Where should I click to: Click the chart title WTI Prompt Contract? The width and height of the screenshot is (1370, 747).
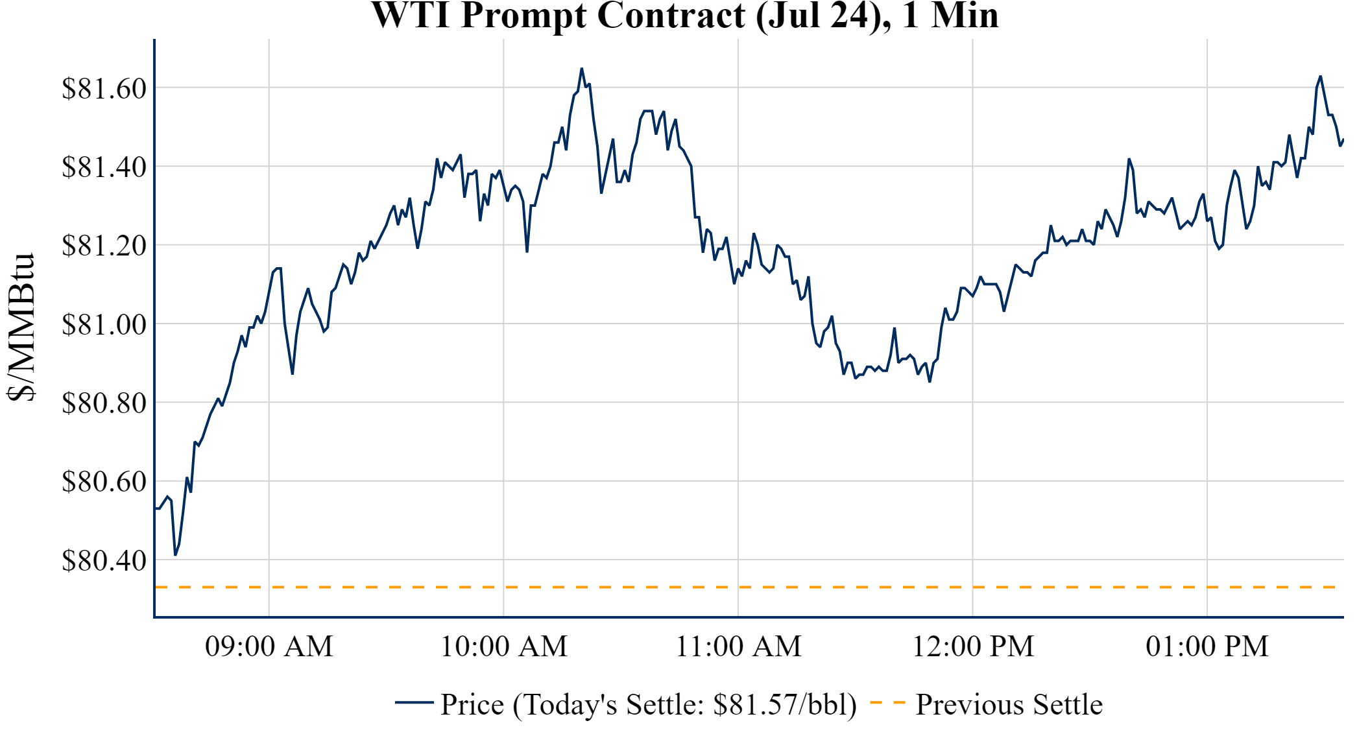point(685,16)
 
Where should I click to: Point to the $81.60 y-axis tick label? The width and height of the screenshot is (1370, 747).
point(104,88)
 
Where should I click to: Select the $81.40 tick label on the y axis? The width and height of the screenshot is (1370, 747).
point(104,167)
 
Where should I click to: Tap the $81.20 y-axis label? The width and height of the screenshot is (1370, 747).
point(104,245)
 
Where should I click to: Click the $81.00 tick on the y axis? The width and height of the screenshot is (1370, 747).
point(104,324)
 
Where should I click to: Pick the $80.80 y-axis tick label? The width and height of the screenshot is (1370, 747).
point(104,403)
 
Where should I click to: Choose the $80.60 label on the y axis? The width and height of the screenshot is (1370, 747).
point(104,481)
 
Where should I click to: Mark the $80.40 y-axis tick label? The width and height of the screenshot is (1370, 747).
point(104,560)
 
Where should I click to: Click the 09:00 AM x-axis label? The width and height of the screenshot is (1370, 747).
point(269,646)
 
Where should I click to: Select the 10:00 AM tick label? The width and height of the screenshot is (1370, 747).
point(504,646)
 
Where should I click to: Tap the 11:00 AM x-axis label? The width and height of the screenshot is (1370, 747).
point(739,646)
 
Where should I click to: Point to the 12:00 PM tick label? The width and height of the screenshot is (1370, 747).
point(973,646)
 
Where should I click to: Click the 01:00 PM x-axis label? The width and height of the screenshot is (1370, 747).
point(1207,646)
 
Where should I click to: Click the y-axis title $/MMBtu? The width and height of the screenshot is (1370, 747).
point(21,327)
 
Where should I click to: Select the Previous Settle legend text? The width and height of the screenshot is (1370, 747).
point(1009,704)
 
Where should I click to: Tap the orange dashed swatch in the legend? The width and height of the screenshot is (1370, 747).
point(887,702)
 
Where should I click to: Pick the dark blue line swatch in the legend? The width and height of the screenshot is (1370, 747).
point(414,702)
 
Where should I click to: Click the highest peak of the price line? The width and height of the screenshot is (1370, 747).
point(582,69)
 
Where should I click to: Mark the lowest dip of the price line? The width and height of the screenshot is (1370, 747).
point(175,555)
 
